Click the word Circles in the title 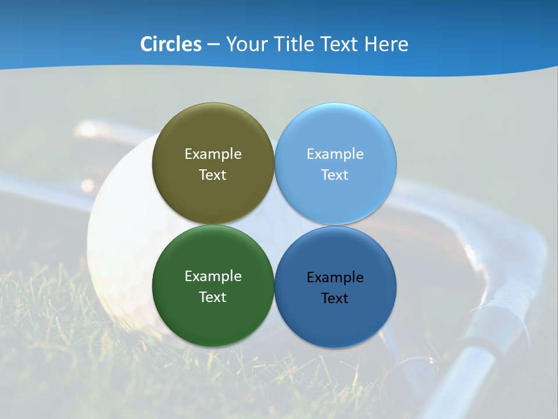[x=170, y=44]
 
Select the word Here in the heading [x=386, y=44]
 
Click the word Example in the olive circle [x=213, y=154]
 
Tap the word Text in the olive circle [x=213, y=175]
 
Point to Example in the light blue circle [x=335, y=154]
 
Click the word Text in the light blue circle [x=335, y=175]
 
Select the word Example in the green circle [x=213, y=276]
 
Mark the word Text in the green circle [x=213, y=297]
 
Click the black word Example [x=335, y=278]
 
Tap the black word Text [x=335, y=299]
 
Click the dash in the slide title [x=213, y=45]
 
